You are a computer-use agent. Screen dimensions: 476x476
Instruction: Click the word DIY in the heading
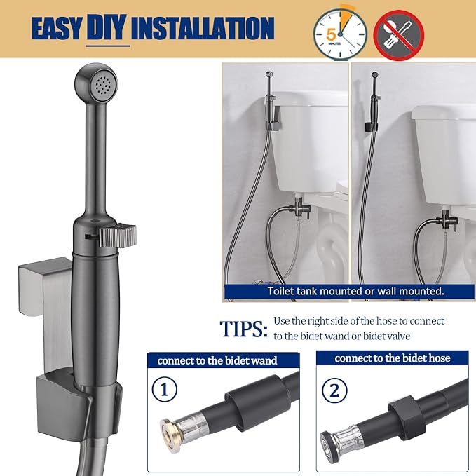tap(107, 27)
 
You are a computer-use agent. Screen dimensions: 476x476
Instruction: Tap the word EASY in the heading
tap(57, 28)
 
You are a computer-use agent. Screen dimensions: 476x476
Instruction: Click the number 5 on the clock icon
tap(331, 35)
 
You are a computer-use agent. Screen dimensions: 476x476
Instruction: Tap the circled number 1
tap(164, 389)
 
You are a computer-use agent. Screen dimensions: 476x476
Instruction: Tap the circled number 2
tap(334, 390)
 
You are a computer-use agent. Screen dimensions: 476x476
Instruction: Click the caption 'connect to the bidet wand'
tap(217, 360)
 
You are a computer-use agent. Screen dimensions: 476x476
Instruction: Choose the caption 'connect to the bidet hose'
tap(392, 358)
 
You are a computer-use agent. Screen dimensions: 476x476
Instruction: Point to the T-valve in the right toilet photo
tap(447, 219)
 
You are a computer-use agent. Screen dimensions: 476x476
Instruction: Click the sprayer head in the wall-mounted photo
tap(374, 75)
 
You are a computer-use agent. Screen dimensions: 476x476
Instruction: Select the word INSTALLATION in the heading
tap(203, 28)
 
